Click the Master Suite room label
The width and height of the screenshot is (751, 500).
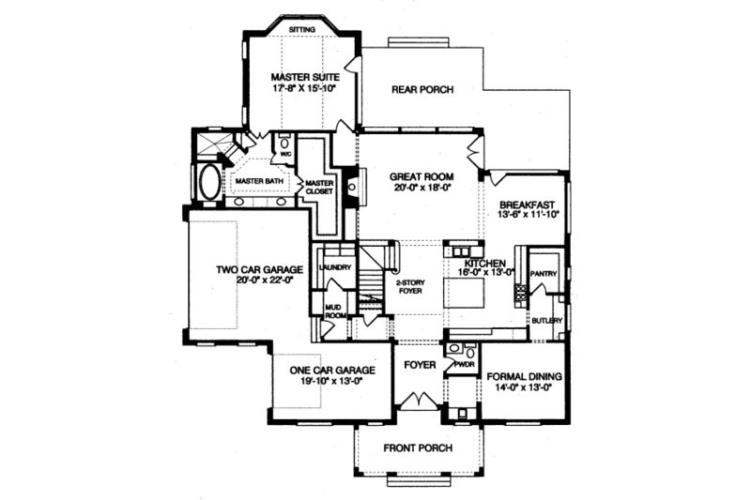click(x=303, y=76)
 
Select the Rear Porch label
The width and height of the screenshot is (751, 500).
click(x=421, y=90)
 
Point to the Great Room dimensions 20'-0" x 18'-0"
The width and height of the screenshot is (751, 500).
click(x=423, y=187)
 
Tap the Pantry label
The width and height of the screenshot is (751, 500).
click(x=544, y=274)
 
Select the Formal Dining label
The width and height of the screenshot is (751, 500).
click(x=524, y=376)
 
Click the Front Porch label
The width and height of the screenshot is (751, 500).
click(x=418, y=448)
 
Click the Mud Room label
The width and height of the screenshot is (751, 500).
click(x=335, y=311)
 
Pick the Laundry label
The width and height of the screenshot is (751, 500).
click(x=335, y=267)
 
